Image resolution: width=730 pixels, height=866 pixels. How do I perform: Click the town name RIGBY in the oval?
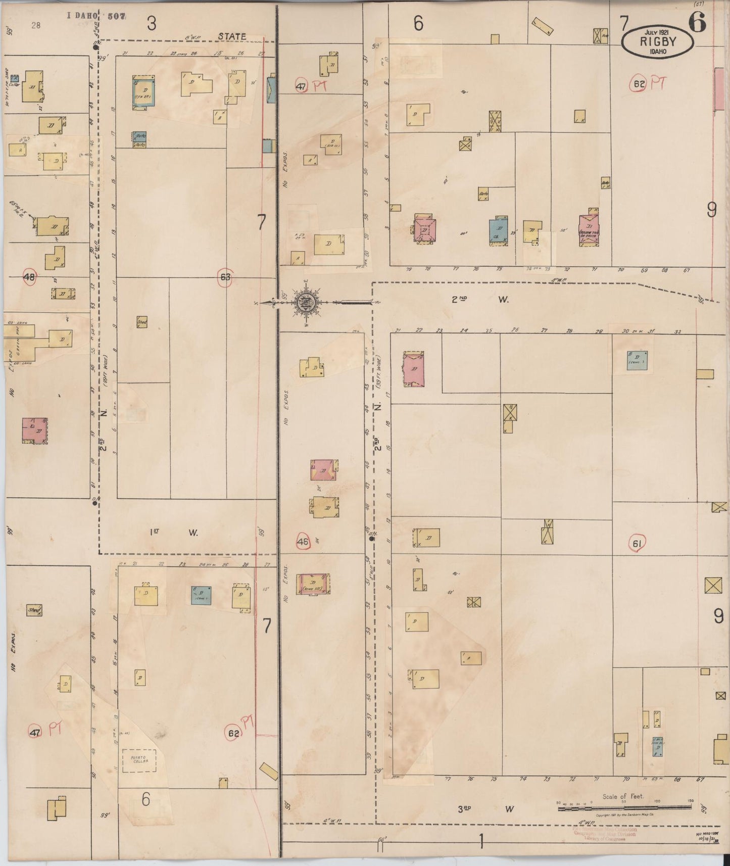[657, 41]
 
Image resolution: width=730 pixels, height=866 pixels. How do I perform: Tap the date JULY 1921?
[657, 32]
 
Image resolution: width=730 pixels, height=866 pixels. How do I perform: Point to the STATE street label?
[232, 36]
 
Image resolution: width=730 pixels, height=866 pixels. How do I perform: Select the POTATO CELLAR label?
[139, 759]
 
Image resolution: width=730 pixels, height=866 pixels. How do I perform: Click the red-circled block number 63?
[225, 277]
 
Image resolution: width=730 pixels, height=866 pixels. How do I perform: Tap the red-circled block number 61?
[637, 544]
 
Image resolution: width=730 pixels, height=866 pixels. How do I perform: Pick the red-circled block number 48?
[29, 277]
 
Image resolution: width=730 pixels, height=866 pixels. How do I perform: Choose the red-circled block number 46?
[303, 542]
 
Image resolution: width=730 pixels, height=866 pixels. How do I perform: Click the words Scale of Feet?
[623, 797]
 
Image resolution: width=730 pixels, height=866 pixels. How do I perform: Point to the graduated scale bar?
[624, 808]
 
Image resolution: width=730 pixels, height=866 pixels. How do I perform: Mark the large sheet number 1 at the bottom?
[481, 842]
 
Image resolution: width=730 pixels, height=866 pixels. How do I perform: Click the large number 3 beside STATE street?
[152, 23]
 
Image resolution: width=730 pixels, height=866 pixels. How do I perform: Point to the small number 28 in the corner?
[35, 25]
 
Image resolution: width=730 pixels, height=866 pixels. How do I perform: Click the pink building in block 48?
[34, 430]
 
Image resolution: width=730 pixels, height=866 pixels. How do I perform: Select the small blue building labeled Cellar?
[15, 78]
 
